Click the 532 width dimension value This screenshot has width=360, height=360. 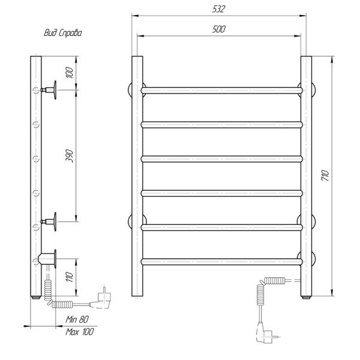click(219, 9)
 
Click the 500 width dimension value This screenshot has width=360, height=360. click(219, 29)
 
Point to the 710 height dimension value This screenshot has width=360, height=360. click(325, 175)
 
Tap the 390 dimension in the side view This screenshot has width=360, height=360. click(70, 156)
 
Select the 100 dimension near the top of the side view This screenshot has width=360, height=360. click(70, 73)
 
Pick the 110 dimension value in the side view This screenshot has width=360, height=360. click(70, 277)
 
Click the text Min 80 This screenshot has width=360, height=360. click(77, 319)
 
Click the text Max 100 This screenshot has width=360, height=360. click(80, 332)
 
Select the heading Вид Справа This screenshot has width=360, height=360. click(62, 33)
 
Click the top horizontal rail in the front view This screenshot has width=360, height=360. click(222, 90)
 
